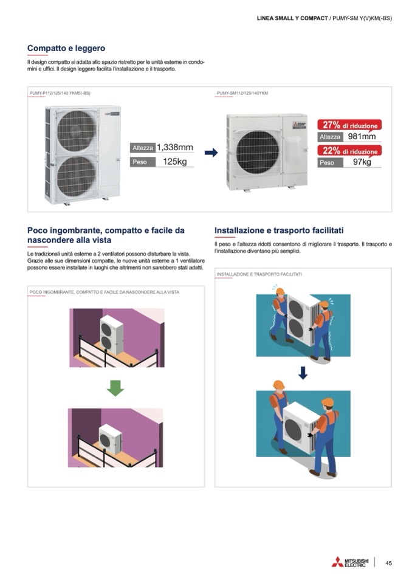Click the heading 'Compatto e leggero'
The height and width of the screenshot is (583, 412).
66,49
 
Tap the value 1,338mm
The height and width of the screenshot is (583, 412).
174,147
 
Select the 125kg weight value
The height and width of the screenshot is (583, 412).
174,162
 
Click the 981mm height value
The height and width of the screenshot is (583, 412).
362,136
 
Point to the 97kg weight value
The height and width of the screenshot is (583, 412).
362,162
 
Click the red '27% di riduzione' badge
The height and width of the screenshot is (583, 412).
349,125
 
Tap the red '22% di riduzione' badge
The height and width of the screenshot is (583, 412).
349,151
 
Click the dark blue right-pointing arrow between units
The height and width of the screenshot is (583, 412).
211,153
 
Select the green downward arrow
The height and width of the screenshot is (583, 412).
115,388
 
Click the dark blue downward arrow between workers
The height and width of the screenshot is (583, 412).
303,373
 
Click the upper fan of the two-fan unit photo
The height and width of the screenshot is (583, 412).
77,131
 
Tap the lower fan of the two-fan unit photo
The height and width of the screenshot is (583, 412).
77,177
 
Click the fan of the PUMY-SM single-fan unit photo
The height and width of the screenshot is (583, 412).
258,153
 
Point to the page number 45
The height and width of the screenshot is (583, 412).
388,563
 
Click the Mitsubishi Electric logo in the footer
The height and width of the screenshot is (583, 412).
350,562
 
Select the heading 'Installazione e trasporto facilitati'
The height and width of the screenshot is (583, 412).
279,230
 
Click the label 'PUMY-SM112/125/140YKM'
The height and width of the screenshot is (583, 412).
242,93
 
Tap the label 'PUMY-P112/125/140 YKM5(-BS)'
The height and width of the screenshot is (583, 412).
60,93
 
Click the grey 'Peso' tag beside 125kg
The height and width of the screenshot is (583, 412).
142,162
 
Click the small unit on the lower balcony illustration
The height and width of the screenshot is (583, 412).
111,439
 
